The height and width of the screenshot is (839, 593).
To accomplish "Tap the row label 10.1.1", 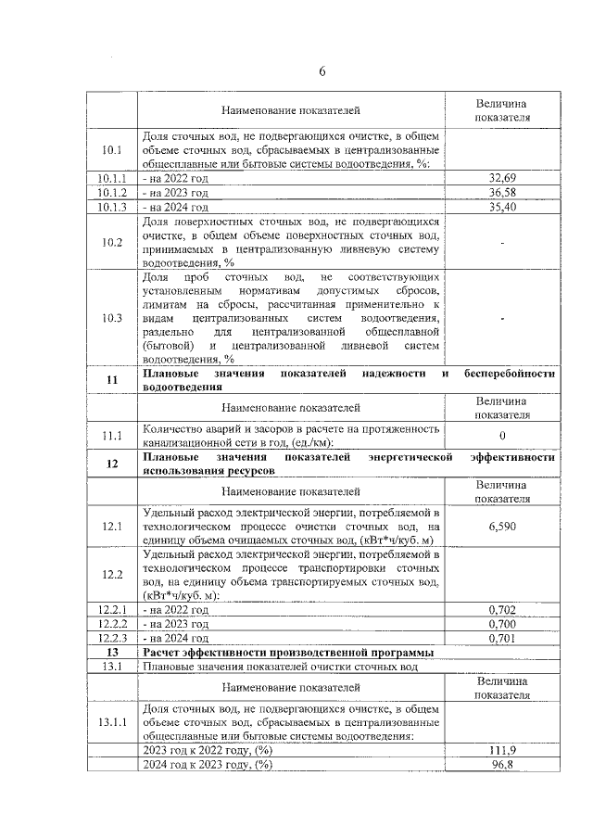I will pos(112,177).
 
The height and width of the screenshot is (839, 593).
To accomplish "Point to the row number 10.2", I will pos(112,243).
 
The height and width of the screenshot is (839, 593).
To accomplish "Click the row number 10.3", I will pos(112,318).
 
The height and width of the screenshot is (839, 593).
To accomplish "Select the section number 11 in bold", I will pos(112,380).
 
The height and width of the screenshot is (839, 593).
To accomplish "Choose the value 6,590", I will pos(502,525).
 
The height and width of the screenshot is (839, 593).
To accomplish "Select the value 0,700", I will pos(502,624).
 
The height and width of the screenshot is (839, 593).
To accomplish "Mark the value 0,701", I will pos(502,638).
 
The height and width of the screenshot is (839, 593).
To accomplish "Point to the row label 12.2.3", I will pos(112,638).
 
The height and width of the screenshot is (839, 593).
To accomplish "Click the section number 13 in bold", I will pos(112,652).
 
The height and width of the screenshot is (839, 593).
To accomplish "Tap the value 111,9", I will pos(502,749).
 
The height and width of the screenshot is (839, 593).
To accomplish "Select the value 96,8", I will pos(502,764).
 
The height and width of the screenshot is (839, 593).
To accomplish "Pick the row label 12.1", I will pos(112,526).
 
